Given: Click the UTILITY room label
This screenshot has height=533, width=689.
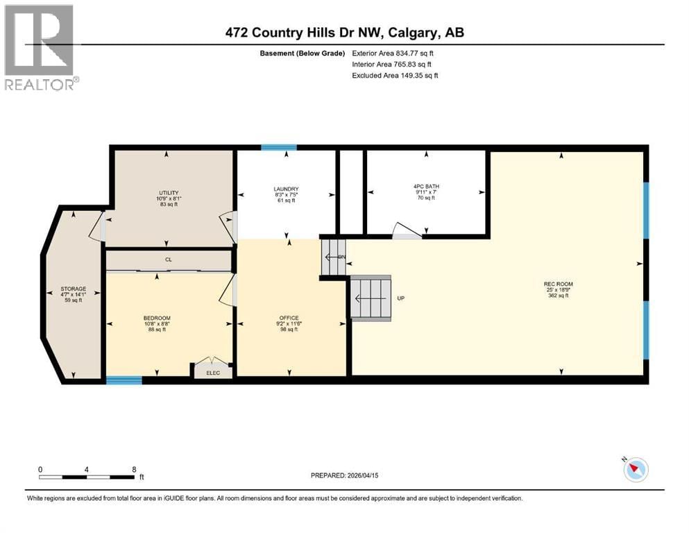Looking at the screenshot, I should point(169,193).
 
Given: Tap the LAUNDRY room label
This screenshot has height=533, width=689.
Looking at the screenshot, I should point(286,189).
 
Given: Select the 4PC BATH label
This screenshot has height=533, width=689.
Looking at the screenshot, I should point(426,186).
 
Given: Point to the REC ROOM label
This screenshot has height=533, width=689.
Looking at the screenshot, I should point(559,284).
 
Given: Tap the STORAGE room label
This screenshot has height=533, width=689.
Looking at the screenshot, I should point(73,289).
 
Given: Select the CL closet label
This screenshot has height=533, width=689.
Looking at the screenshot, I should point(168,260).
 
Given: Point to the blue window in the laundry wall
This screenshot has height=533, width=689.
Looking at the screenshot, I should point(279,147).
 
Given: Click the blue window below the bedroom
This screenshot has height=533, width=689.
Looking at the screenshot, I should point(124,380).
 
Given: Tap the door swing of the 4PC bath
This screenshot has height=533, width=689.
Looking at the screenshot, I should point(407,231).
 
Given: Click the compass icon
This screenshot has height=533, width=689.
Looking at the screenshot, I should point(636,470).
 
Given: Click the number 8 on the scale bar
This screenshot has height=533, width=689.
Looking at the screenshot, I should point(134,469).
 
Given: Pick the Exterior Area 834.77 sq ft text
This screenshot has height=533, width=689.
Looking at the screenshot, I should point(396,53).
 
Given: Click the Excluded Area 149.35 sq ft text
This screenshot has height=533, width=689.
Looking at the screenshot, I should point(395,75).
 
